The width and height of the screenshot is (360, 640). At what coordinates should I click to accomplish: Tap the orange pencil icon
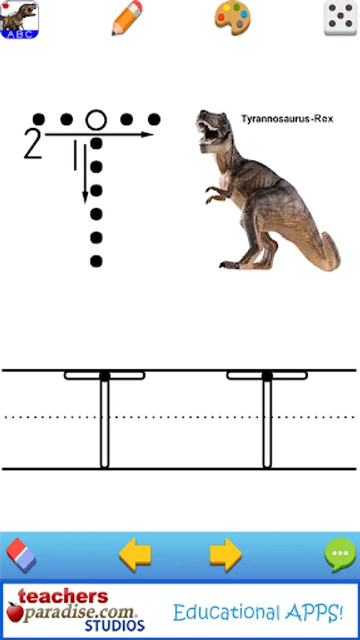[x=127, y=18]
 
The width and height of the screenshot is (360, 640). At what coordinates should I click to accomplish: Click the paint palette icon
[x=232, y=18]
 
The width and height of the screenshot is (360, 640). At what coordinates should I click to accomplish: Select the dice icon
[x=340, y=18]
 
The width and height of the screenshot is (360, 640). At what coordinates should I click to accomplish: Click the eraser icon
[x=21, y=555]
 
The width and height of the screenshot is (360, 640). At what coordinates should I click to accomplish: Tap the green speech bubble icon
[x=340, y=555]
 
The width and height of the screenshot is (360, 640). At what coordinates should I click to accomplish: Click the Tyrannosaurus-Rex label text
[x=287, y=119]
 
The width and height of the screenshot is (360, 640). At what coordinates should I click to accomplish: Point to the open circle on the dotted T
[x=96, y=120]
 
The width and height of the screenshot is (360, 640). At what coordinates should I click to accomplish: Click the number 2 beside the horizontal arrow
[x=33, y=143]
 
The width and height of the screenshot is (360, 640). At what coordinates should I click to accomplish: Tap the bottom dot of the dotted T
[x=96, y=261]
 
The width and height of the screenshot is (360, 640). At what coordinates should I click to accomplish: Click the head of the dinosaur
[x=211, y=127]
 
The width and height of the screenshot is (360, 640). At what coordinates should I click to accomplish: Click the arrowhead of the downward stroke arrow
[x=85, y=197]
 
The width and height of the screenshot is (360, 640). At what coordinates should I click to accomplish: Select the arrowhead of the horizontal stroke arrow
[x=147, y=134]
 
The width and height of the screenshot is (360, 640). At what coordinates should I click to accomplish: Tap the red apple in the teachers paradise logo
[x=14, y=611]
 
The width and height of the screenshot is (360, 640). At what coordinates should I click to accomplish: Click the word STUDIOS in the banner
[x=115, y=625]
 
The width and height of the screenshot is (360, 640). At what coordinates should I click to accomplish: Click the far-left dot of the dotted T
[x=39, y=119]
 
